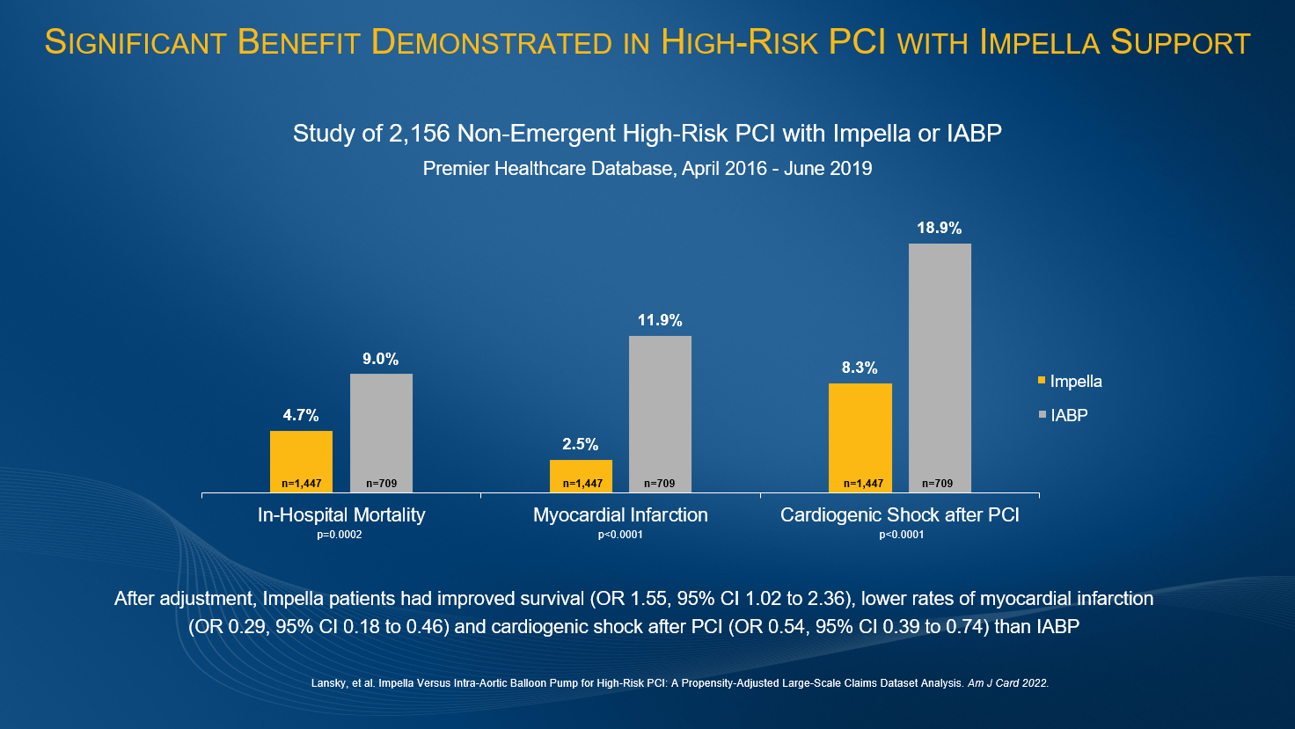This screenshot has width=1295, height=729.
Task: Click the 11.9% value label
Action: click(660, 321)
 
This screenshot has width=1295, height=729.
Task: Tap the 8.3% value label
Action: click(860, 368)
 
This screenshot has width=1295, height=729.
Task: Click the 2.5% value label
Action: click(581, 445)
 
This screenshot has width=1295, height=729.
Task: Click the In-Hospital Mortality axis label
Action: click(341, 515)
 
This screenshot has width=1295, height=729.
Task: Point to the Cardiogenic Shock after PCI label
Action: click(899, 515)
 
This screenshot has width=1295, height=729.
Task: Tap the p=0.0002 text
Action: click(340, 535)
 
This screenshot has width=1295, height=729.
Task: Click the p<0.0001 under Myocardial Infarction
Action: click(620, 535)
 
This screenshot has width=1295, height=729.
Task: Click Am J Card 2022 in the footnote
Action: click(1008, 682)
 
